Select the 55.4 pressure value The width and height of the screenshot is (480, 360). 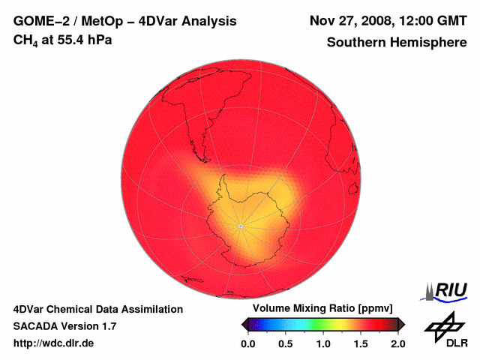pyautogui.click(x=71, y=39)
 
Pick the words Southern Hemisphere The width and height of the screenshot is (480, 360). pyautogui.click(x=397, y=43)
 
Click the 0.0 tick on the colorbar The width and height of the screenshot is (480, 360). pyautogui.click(x=247, y=343)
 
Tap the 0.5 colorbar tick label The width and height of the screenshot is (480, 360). pyautogui.click(x=286, y=343)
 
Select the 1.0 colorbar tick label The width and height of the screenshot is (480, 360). pyautogui.click(x=323, y=343)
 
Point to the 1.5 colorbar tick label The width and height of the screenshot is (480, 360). pyautogui.click(x=361, y=343)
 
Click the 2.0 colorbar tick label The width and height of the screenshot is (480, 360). pyautogui.click(x=398, y=343)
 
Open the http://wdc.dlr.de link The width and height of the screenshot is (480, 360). pyautogui.click(x=54, y=343)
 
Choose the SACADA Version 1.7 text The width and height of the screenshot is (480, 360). pyautogui.click(x=64, y=326)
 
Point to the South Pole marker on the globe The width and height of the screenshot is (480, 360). pyautogui.click(x=240, y=226)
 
